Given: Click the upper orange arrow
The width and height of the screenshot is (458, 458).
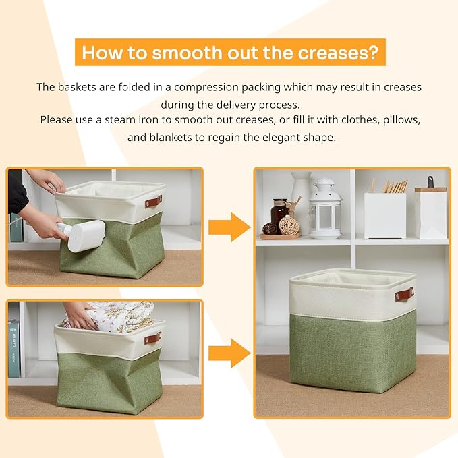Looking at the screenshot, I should pos(229,227).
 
